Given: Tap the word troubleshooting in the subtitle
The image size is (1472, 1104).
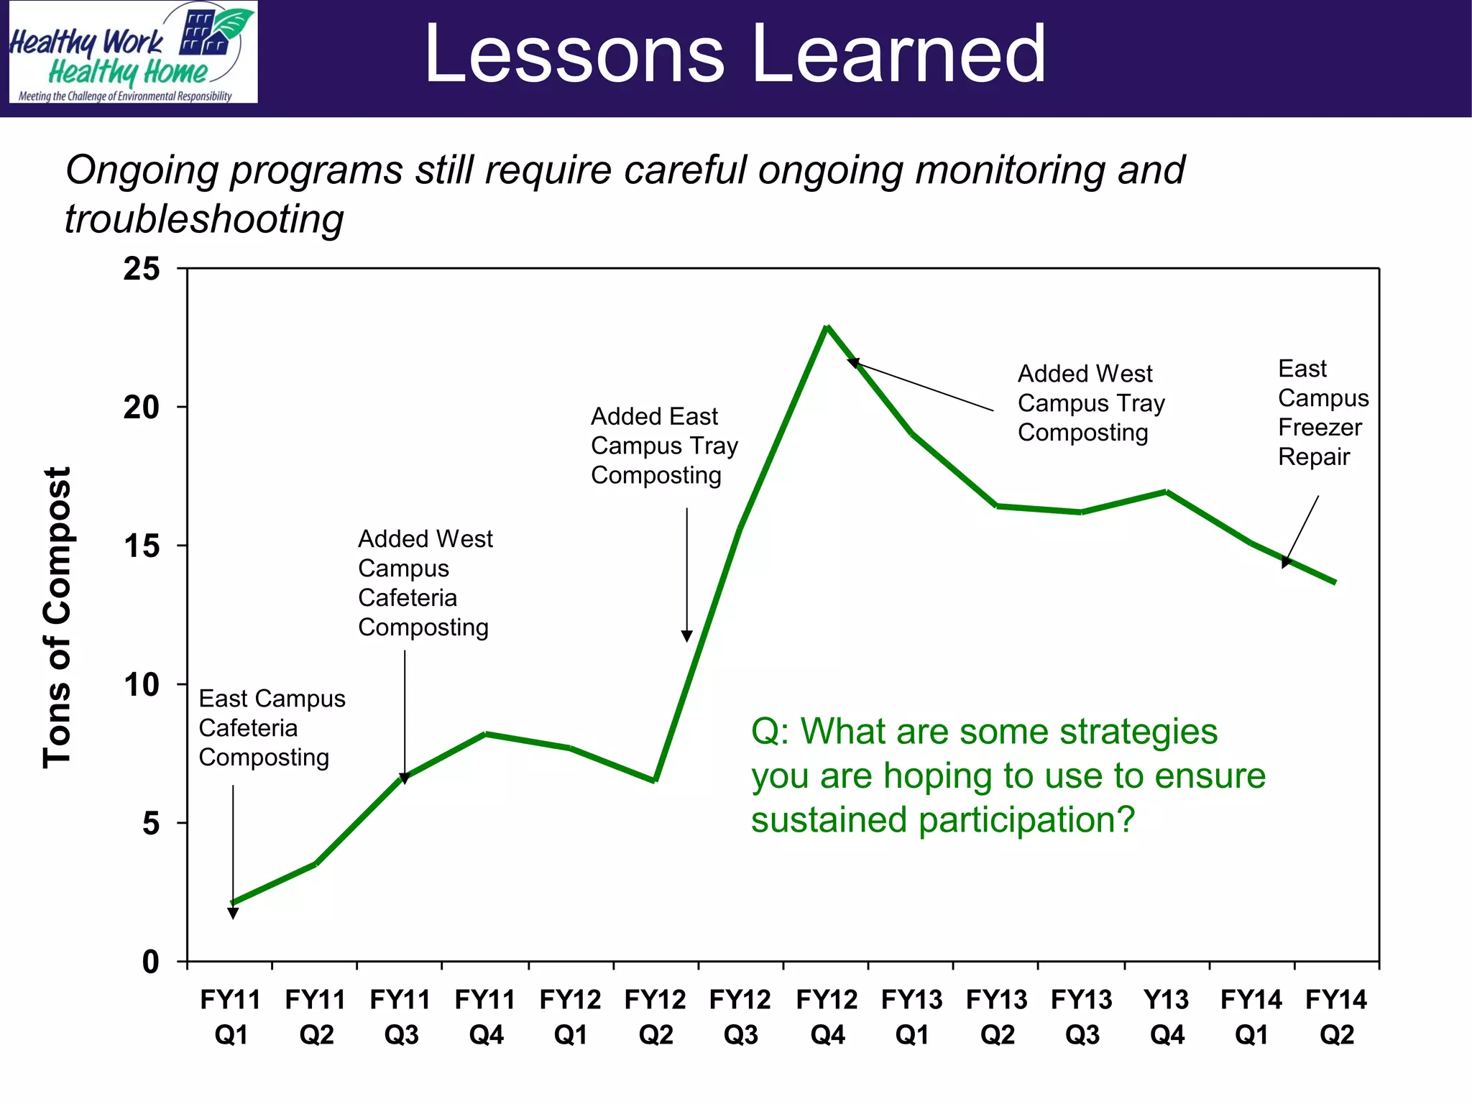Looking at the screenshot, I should point(204,219).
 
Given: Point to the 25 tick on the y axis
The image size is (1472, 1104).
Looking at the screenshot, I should point(142,269).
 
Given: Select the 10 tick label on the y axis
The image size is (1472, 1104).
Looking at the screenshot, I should point(142,684).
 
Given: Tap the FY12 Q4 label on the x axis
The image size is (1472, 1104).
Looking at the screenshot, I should point(827,1016).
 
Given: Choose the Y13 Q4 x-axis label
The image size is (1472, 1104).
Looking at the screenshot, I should point(1167,1016).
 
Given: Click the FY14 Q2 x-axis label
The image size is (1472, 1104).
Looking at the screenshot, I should point(1336,1016).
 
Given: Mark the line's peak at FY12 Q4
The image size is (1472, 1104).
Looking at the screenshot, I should point(827,327).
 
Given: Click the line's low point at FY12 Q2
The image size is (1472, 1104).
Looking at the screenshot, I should point(655,780).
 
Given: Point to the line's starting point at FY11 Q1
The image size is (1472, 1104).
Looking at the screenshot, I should point(232,903).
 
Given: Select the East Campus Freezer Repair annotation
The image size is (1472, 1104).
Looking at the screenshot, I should point(1322,413).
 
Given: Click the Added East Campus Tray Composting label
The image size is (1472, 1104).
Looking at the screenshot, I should point(664,446).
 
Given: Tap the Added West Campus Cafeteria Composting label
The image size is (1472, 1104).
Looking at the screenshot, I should point(425,583).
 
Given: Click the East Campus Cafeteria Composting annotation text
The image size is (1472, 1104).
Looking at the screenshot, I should point(272,727).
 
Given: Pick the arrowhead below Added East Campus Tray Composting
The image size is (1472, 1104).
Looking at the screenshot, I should point(686,636).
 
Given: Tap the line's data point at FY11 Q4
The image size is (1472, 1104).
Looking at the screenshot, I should point(487,734).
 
